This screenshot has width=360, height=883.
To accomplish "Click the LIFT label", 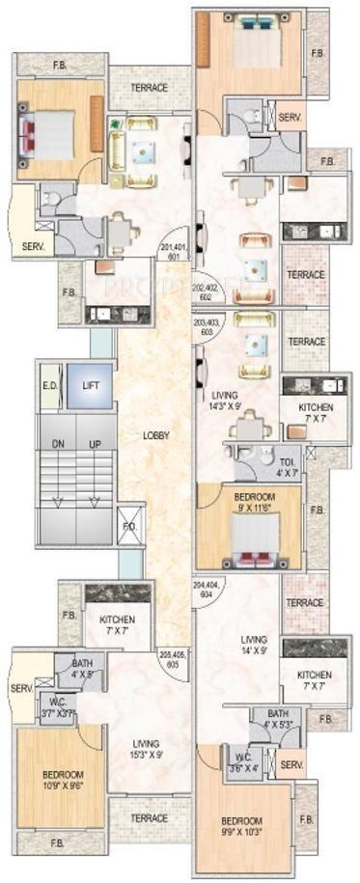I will [90, 385].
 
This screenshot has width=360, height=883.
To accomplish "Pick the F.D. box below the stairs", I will [129, 527].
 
